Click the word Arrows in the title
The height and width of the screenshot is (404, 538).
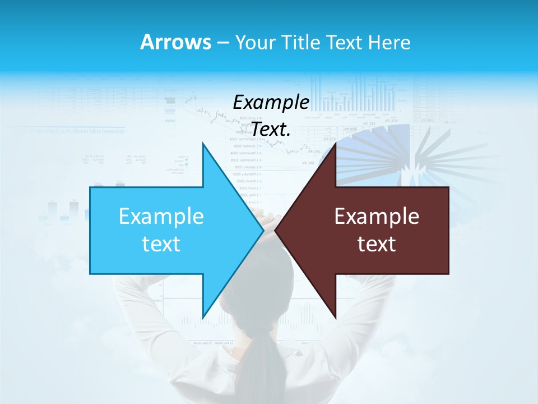click(176, 42)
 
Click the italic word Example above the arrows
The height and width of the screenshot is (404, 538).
click(271, 103)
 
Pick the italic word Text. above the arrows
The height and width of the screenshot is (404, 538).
click(271, 130)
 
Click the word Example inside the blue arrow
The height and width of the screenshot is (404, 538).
click(161, 216)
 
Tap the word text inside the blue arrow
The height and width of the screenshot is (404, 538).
click(161, 244)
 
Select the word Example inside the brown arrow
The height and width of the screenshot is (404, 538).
click(377, 216)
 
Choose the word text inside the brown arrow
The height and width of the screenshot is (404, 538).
click(377, 244)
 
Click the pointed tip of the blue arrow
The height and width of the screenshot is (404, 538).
click(263, 230)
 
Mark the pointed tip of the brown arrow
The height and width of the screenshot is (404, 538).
click(276, 230)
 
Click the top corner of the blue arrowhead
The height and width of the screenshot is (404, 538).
click(203, 144)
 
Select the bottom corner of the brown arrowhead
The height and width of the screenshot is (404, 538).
click(335, 318)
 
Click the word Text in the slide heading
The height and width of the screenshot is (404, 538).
click(343, 42)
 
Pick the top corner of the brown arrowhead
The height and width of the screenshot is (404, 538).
click(335, 144)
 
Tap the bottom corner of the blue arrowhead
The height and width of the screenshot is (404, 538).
click(203, 318)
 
